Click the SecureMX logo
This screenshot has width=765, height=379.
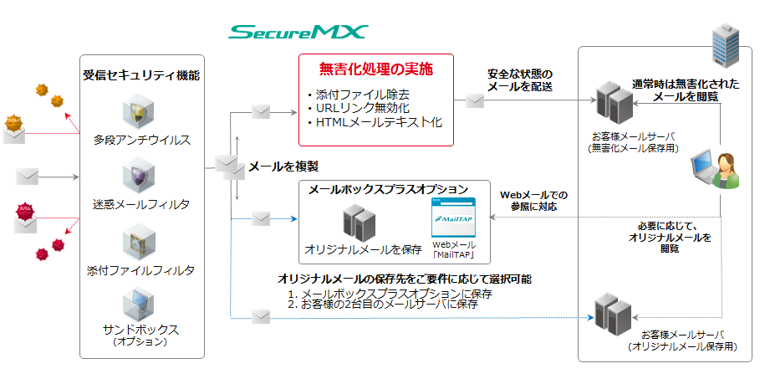(298, 33)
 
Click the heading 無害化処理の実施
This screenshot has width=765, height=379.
(375, 69)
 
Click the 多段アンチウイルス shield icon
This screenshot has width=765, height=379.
(140, 111)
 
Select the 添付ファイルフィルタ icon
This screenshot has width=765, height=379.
(140, 242)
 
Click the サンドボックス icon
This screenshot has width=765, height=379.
(140, 304)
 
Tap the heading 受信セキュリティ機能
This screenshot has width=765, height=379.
(141, 75)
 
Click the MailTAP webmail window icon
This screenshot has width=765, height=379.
(452, 218)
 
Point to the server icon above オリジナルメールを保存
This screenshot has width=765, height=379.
(358, 222)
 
